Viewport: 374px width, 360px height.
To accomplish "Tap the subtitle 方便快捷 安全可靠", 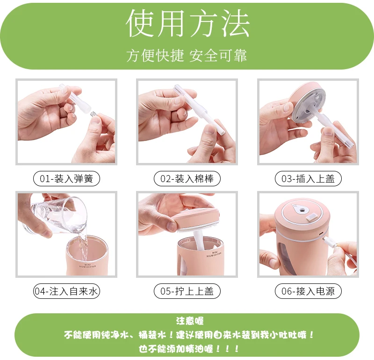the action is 187,55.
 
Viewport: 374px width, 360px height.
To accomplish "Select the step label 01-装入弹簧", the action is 66,178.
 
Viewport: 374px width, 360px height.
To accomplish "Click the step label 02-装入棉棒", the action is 187,178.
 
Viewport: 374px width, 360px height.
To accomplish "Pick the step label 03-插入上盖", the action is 308,178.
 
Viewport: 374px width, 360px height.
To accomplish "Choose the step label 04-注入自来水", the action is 66,291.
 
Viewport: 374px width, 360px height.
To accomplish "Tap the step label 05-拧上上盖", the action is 187,291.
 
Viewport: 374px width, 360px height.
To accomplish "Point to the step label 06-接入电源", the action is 308,291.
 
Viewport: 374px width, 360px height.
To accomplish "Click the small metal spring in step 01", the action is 94,113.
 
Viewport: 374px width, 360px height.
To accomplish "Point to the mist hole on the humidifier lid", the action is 302,210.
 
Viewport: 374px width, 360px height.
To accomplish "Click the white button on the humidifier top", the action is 312,217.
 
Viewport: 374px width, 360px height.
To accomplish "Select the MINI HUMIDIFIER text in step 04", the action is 87,265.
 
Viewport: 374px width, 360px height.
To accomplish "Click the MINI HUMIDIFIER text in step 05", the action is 214,254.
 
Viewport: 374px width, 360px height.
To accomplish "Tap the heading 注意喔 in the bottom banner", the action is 190,321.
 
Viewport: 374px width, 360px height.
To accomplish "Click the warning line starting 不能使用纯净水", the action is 189,335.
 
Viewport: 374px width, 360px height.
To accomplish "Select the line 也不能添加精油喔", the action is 189,349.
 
